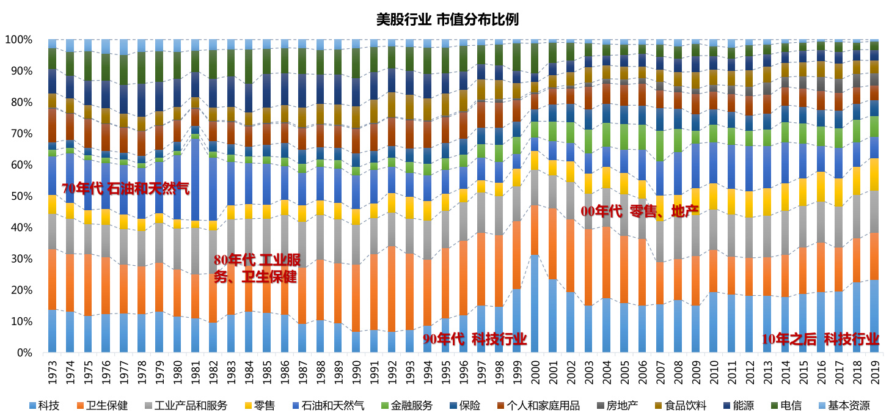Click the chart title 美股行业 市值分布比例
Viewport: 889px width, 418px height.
pos(447,20)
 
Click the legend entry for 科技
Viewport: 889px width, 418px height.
pos(44,405)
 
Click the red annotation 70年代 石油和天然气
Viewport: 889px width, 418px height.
pos(125,189)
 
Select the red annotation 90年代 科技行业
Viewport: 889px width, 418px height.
pos(475,340)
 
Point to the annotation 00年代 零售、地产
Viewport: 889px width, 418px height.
pos(639,211)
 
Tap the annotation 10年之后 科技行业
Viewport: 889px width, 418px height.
pos(820,340)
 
